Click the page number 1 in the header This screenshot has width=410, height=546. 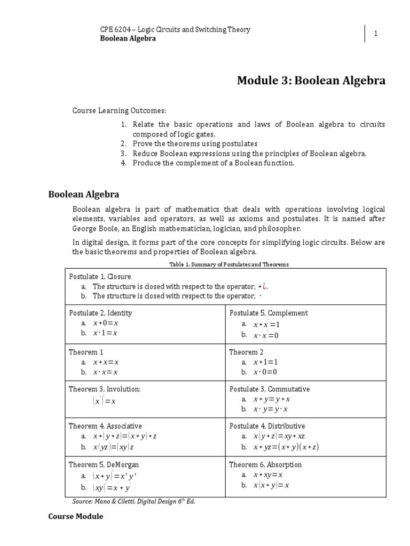[376, 34]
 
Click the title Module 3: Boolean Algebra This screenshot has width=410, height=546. [311, 81]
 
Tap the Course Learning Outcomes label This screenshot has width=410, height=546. [120, 110]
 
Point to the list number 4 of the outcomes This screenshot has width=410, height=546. [123, 163]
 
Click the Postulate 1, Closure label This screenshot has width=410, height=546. [100, 277]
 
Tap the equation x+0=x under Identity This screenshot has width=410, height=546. [105, 323]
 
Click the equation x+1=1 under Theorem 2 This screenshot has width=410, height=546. [266, 362]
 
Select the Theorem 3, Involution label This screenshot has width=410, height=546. [105, 389]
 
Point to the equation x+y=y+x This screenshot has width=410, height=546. [272, 399]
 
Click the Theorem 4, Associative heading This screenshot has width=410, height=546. [105, 426]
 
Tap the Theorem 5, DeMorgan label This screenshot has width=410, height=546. [104, 464]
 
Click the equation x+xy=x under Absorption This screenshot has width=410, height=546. [267, 475]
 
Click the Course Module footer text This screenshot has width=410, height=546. [75, 517]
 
